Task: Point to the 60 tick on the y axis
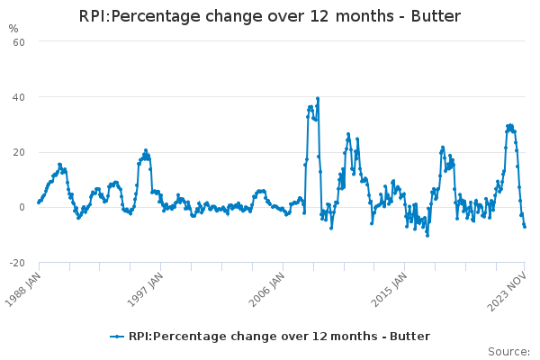[17, 41]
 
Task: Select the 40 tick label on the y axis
[17, 97]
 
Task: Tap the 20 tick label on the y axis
[17, 152]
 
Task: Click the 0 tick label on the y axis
[21, 207]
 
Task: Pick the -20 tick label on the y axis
[15, 263]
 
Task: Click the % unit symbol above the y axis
[13, 29]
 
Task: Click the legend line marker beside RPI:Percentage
[117, 337]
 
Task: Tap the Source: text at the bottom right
[508, 351]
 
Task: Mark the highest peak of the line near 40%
[318, 98]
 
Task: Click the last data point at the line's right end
[525, 226]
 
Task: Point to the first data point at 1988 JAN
[38, 202]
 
